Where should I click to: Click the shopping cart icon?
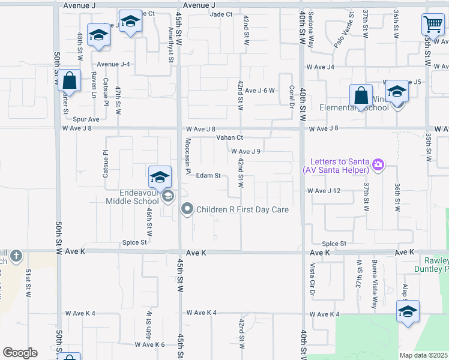[432, 25]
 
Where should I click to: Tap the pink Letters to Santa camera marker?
[378, 164]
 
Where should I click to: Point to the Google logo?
[20, 353]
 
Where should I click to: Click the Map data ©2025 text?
[423, 355]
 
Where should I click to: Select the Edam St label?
[209, 176]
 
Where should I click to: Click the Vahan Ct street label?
[229, 138]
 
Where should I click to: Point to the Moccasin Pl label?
[188, 152]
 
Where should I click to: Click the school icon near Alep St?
[408, 312]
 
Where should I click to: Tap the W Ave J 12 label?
[324, 191]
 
